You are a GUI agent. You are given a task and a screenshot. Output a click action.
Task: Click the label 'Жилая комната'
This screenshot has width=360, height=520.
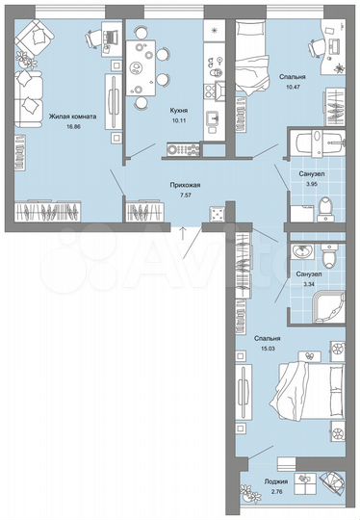pyautogui.click(x=73, y=115)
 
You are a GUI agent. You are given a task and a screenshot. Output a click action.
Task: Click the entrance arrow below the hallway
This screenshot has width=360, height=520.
pyautogui.click(x=182, y=229)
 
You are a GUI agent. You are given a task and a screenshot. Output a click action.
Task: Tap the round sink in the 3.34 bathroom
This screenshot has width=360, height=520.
pyautogui.click(x=301, y=252)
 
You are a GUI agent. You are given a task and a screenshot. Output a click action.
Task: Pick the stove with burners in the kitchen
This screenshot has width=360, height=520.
pyautogui.click(x=181, y=149)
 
